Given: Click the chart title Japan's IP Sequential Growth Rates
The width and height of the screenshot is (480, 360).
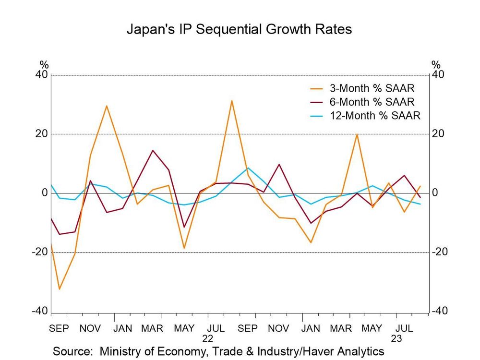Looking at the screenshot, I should click(x=239, y=29).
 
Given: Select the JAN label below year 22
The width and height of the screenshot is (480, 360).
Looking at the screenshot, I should click(x=310, y=328).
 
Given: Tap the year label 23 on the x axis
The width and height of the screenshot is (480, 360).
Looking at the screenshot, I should click(x=396, y=338).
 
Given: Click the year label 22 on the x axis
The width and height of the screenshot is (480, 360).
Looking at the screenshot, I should click(x=208, y=338).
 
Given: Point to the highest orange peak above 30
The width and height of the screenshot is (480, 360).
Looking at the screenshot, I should click(x=231, y=101).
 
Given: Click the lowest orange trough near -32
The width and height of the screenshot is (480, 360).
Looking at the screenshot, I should click(x=59, y=289).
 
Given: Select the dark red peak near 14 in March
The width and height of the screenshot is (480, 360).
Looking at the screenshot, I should click(x=153, y=151).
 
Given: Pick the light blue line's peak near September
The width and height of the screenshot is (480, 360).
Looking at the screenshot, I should click(x=247, y=168).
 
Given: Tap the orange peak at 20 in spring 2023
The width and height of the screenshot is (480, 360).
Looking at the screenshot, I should click(x=357, y=134).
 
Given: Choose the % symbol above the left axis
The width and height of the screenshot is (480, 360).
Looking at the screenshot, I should click(x=44, y=65).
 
